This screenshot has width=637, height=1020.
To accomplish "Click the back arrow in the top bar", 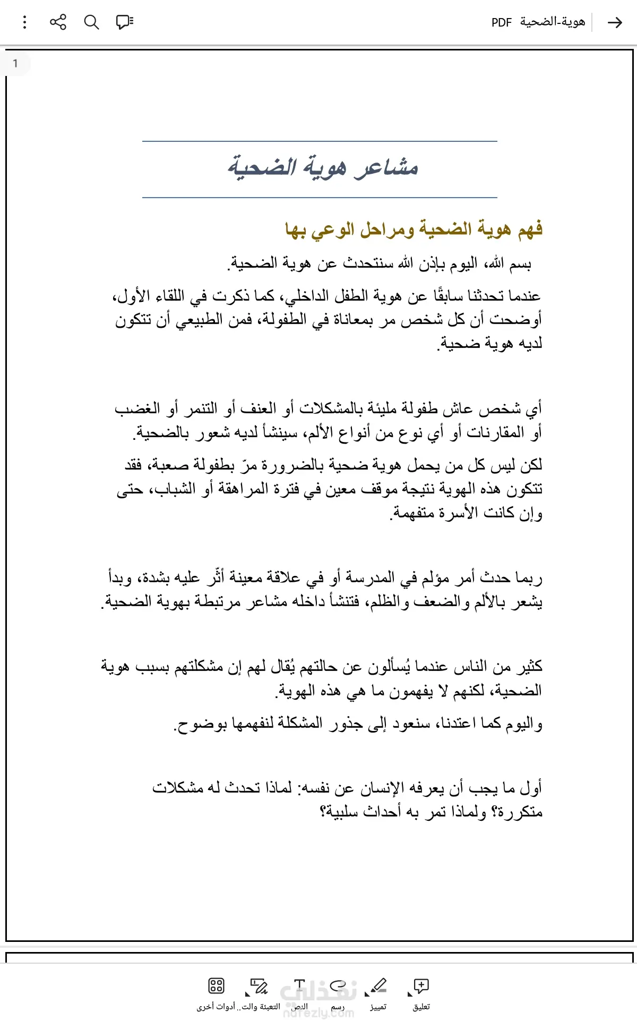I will tap(615, 22).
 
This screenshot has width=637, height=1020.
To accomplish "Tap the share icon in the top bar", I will tap(58, 22).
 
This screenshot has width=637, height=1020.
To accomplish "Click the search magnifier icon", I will tap(92, 22).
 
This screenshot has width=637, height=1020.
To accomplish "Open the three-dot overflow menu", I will tap(25, 22).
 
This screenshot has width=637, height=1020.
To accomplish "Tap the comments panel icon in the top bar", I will tap(125, 22).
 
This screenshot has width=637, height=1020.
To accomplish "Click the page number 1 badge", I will tap(15, 64).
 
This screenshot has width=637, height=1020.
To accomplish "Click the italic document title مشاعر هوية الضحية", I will tap(323, 167).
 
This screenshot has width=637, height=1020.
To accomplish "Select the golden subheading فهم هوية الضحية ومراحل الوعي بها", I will tap(414, 229).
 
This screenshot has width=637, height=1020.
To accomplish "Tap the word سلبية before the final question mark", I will tap(346, 812).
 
